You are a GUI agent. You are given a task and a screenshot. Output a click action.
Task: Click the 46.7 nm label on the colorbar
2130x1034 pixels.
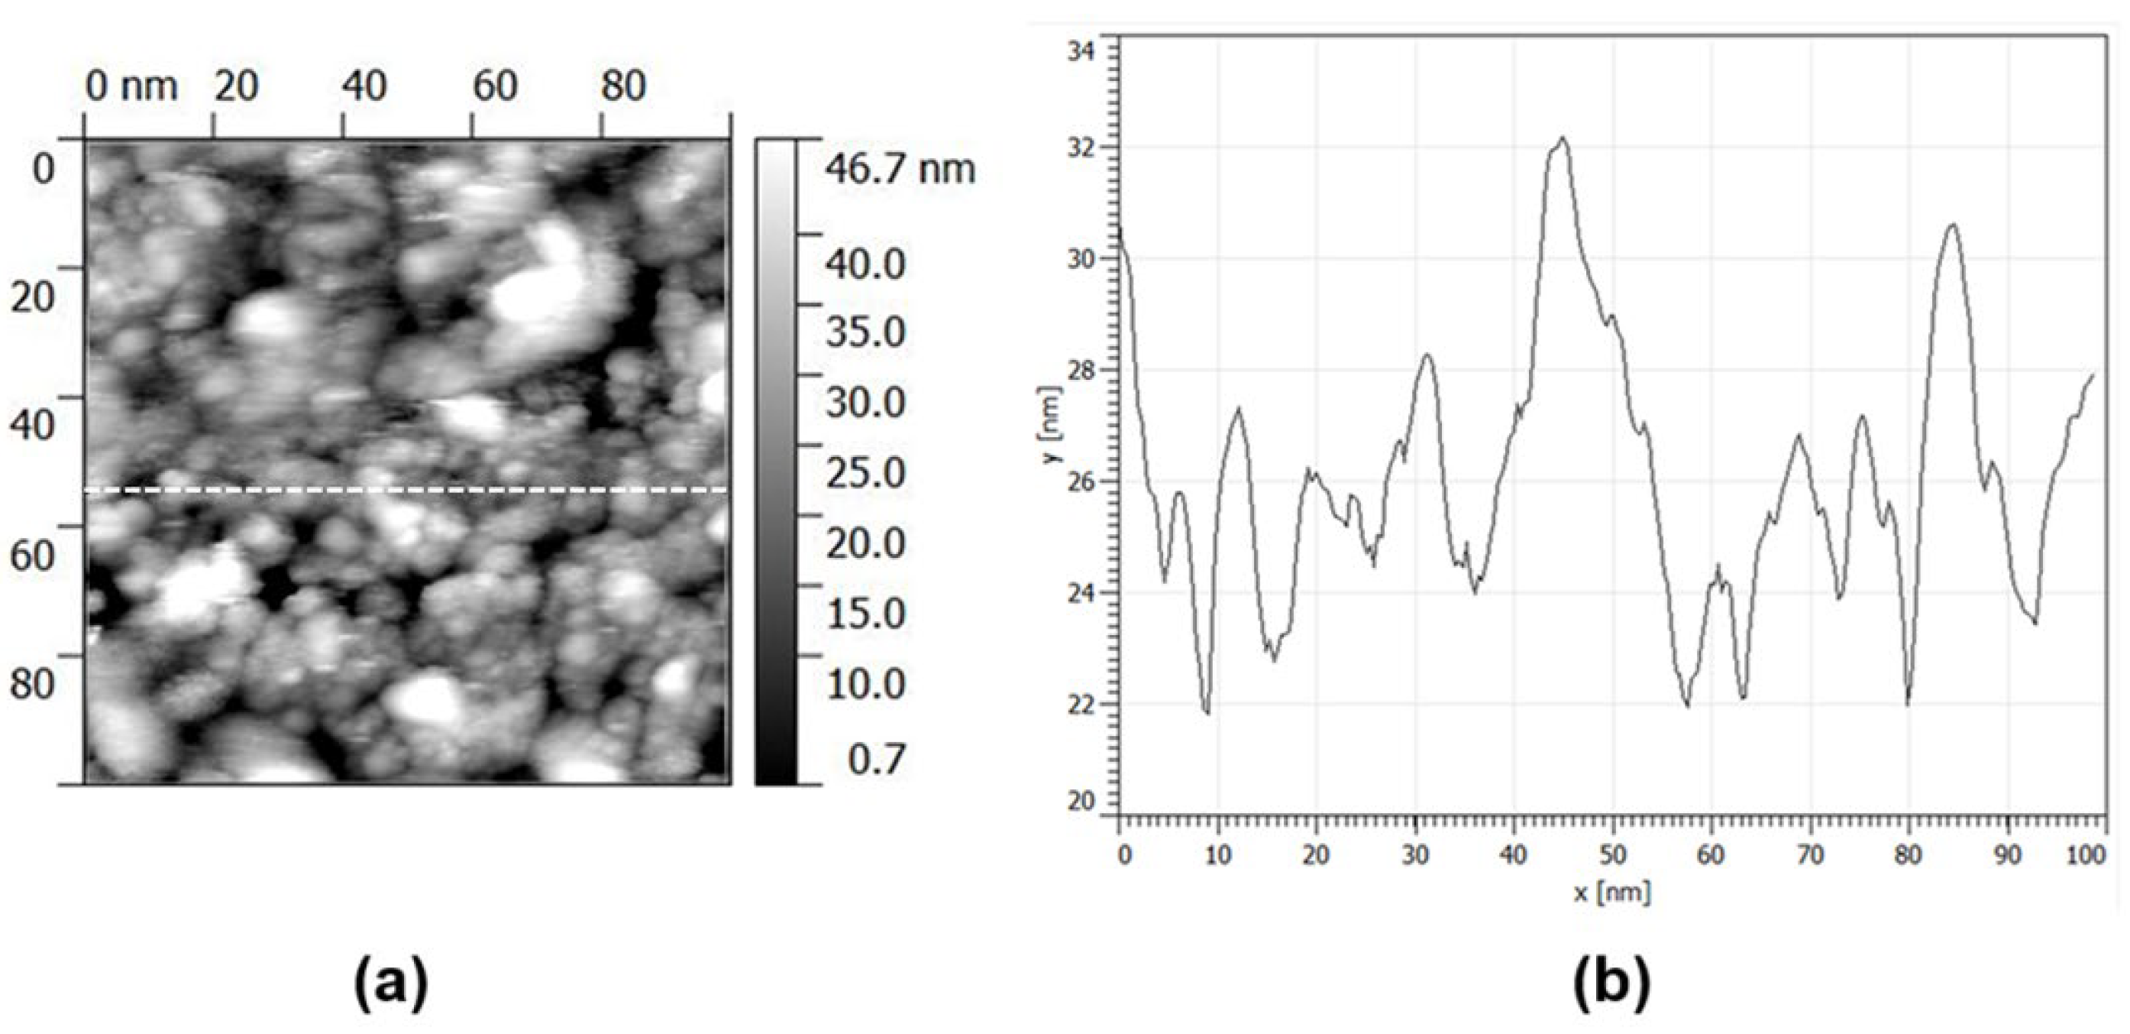click(900, 169)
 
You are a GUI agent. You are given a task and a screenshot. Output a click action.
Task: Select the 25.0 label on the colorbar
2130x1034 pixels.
click(866, 474)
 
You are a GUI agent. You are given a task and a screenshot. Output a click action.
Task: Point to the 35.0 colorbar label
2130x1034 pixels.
click(866, 332)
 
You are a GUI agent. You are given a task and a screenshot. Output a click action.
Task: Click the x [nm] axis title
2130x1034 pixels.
click(1611, 893)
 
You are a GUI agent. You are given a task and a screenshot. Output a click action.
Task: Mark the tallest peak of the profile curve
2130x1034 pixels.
click(1562, 138)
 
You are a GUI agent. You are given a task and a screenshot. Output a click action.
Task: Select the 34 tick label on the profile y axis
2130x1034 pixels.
click(1081, 51)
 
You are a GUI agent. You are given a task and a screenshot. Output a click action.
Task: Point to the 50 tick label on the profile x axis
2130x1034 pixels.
click(1612, 855)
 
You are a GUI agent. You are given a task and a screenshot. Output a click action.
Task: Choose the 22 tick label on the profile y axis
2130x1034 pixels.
click(1081, 704)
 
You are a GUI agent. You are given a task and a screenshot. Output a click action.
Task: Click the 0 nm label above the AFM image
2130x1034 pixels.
click(132, 86)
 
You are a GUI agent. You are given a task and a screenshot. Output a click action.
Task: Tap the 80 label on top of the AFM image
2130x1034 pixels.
click(622, 86)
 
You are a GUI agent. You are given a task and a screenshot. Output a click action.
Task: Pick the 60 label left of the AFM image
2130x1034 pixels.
click(31, 553)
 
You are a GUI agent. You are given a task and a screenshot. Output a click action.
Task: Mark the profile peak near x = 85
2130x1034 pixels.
click(1953, 224)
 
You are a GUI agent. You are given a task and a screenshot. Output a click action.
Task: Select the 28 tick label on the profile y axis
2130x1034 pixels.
click(1081, 370)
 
